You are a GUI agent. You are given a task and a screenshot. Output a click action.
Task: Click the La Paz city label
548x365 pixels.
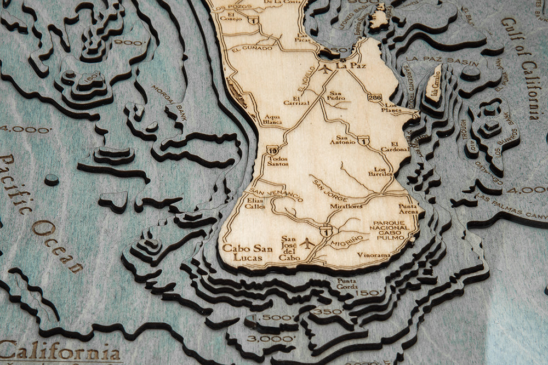[x=350, y=65]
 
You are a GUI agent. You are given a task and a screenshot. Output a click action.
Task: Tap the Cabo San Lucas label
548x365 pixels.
[x=244, y=252]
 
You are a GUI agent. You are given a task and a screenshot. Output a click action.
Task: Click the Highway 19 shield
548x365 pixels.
[x=272, y=150]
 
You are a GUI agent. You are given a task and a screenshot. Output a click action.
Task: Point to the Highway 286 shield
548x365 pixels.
[x=374, y=98]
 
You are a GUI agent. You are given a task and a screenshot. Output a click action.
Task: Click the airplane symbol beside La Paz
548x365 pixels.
[x=327, y=69]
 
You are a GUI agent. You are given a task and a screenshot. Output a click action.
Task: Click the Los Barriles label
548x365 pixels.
[x=384, y=172]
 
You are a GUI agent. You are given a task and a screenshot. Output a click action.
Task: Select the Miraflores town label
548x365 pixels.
[x=346, y=206]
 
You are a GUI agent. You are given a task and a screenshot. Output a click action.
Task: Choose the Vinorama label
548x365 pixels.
[x=374, y=255]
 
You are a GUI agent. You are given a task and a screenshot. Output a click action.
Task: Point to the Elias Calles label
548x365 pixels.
[x=255, y=203]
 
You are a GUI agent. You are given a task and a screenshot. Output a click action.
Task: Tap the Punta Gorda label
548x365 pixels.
[x=347, y=284]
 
